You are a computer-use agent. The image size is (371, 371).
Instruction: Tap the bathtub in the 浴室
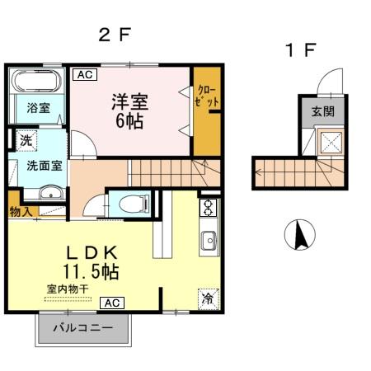coord(36,82)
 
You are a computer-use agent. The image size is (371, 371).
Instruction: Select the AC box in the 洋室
coord(85,75)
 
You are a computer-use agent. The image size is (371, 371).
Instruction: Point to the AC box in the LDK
coord(112,303)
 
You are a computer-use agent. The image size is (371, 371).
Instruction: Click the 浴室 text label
coord(37,108)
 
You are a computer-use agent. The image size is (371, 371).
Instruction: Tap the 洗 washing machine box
coord(27,140)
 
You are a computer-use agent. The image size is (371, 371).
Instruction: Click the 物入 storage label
coord(21,212)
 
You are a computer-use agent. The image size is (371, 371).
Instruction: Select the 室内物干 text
coord(68,289)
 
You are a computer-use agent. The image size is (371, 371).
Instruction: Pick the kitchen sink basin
coord(209,241)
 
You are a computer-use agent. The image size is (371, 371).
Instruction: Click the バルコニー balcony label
coord(82,329)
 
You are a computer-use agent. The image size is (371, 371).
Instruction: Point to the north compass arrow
coord(299,236)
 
